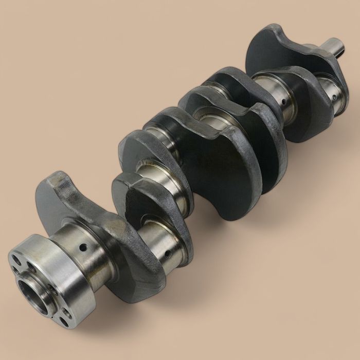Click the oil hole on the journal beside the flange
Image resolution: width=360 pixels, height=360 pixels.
(83, 248)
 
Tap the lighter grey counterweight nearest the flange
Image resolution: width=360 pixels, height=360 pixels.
(57, 195)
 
